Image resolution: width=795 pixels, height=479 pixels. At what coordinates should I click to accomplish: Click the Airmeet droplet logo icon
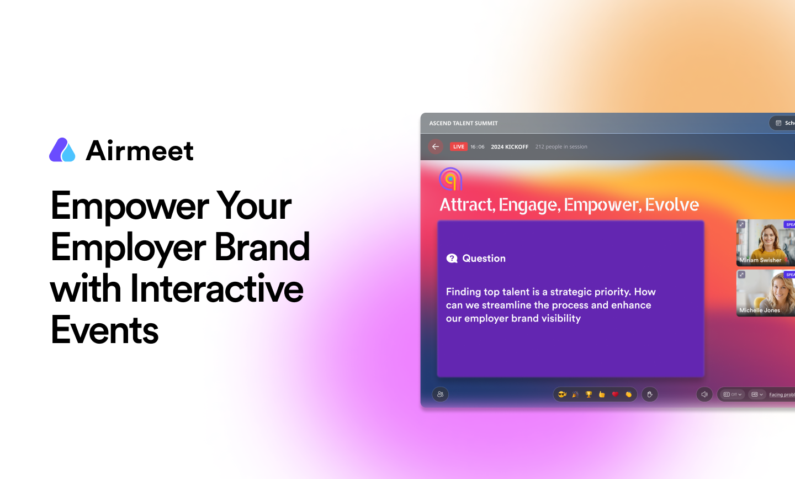(x=62, y=150)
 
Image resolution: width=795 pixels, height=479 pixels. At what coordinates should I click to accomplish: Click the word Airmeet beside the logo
(x=140, y=150)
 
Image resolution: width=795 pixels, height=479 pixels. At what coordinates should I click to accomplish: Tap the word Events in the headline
(x=105, y=330)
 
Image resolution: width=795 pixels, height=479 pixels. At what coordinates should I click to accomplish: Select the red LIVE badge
(x=458, y=146)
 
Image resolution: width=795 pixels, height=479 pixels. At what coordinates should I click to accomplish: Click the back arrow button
(x=436, y=146)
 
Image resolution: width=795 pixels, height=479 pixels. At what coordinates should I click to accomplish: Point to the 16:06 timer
(x=477, y=147)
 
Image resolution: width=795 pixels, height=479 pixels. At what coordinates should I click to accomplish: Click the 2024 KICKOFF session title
(x=510, y=147)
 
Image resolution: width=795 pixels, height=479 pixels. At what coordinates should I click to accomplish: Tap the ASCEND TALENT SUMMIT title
(x=463, y=123)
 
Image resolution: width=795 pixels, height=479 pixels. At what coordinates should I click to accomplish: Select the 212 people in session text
(x=561, y=147)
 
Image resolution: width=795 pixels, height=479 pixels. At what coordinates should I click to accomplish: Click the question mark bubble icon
(x=452, y=259)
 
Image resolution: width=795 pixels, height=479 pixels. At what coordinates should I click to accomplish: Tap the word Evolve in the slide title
(x=672, y=205)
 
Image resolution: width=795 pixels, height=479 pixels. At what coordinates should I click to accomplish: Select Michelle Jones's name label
(x=759, y=310)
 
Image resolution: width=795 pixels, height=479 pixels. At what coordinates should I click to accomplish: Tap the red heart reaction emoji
(x=615, y=394)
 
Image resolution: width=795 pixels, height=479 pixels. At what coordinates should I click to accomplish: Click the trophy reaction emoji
(x=589, y=394)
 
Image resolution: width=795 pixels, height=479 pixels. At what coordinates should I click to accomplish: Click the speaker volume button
(x=704, y=394)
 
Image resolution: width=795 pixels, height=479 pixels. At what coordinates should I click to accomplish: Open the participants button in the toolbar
(x=440, y=394)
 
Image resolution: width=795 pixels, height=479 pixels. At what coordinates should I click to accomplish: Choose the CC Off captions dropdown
(x=732, y=394)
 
